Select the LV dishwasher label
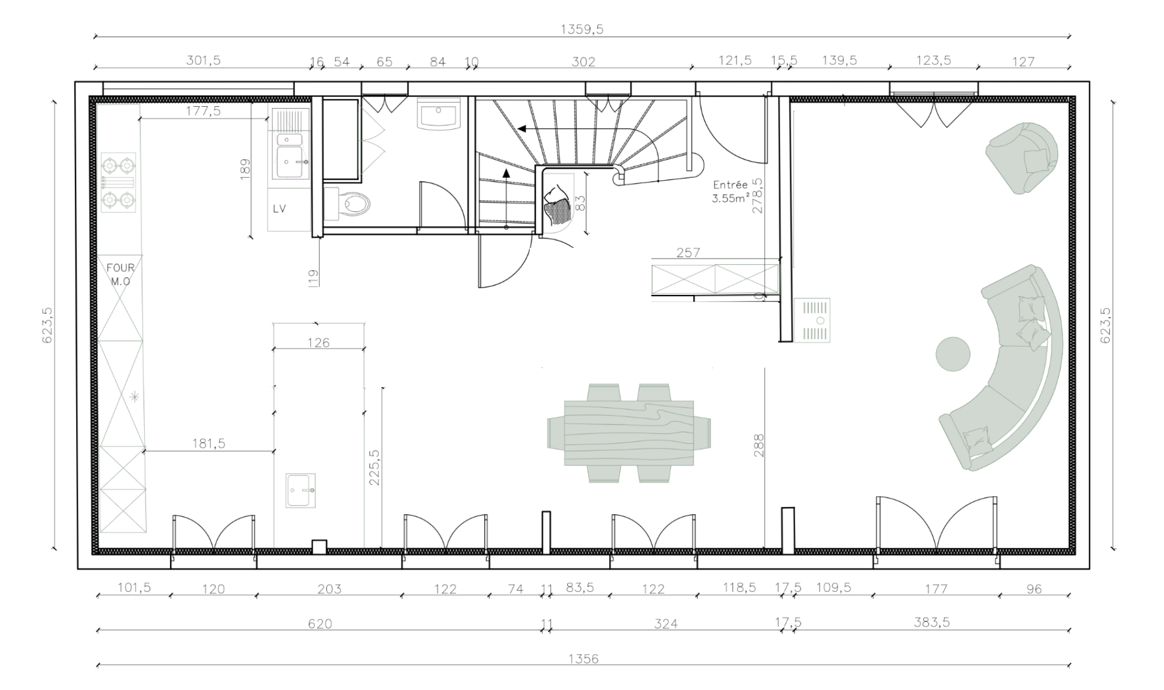[279, 209]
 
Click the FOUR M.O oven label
[120, 274]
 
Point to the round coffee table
[953, 354]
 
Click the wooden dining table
[629, 433]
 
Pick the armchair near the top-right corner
[1022, 158]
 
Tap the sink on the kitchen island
[300, 490]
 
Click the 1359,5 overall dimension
[582, 29]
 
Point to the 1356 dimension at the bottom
[583, 659]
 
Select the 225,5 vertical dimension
[375, 467]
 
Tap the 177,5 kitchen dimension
[203, 111]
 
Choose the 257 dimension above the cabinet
[688, 252]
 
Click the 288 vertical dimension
[758, 446]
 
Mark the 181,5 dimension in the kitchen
[209, 443]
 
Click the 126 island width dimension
[318, 343]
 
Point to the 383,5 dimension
[932, 622]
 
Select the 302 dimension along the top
[583, 61]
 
